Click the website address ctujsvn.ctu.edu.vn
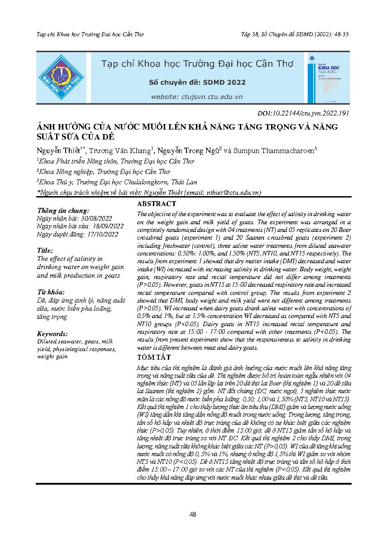197,96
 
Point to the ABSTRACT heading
156,204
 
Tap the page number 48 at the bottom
193,515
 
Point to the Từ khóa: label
51,292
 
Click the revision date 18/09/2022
108,226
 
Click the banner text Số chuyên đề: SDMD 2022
197,82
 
